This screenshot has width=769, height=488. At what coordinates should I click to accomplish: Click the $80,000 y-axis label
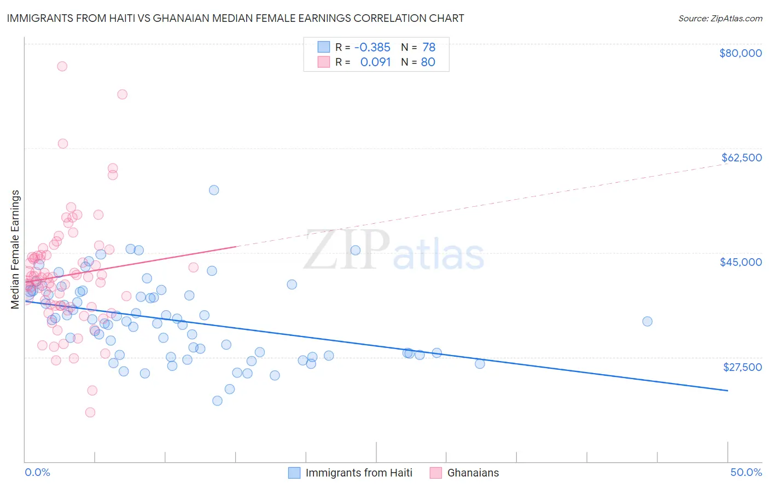(740, 53)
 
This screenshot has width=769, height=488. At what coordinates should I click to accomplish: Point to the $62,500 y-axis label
(741, 158)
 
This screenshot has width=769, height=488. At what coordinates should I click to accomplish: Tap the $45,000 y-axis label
(741, 262)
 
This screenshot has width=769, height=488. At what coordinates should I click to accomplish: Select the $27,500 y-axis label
(742, 367)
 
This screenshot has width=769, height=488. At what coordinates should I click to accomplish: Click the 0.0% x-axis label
(37, 472)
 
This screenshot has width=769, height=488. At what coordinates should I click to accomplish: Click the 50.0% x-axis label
(746, 472)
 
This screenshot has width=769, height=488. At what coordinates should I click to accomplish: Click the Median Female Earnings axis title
(15, 249)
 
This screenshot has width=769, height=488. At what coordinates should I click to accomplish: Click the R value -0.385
(372, 47)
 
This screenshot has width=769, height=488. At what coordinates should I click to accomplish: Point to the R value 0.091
(375, 62)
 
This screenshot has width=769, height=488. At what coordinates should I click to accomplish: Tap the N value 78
(428, 47)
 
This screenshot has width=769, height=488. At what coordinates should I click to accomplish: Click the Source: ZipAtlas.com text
(720, 18)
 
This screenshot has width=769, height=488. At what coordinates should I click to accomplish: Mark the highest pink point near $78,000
(62, 66)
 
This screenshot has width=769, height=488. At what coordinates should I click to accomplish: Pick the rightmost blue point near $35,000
(647, 321)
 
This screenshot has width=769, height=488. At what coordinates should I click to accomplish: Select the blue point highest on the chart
(214, 190)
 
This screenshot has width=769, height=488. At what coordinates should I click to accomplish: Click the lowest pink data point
(90, 413)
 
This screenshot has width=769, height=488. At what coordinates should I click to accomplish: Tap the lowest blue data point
(217, 400)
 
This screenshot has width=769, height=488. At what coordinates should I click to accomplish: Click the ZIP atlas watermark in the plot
(393, 251)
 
